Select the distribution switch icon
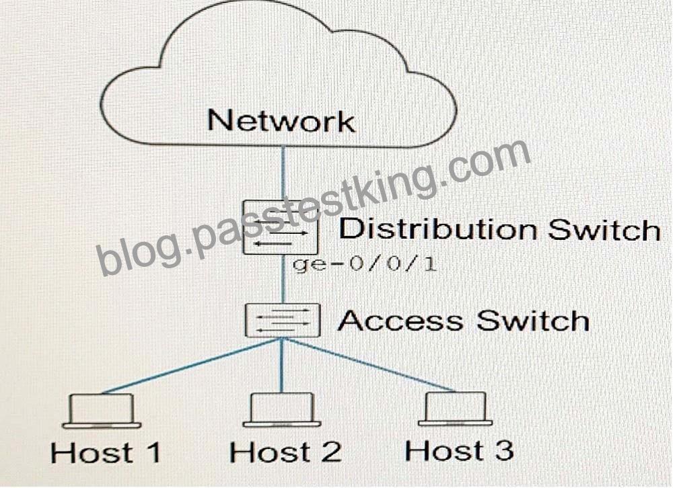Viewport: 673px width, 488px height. click(281, 228)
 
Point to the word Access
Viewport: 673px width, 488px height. click(400, 321)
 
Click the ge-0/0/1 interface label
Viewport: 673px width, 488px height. click(364, 263)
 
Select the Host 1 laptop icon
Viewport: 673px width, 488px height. click(102, 411)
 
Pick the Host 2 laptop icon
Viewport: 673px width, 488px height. click(281, 410)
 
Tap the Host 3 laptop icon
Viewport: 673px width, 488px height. click(456, 409)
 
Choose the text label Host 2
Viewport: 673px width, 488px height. click(285, 452)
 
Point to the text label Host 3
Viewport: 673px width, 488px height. click(459, 450)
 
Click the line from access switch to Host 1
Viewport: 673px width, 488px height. click(192, 366)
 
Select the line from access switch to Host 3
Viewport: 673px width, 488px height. click(369, 364)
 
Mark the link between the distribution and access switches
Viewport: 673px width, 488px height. click(283, 279)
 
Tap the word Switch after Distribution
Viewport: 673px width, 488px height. click(604, 229)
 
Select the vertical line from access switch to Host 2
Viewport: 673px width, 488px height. click(282, 365)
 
